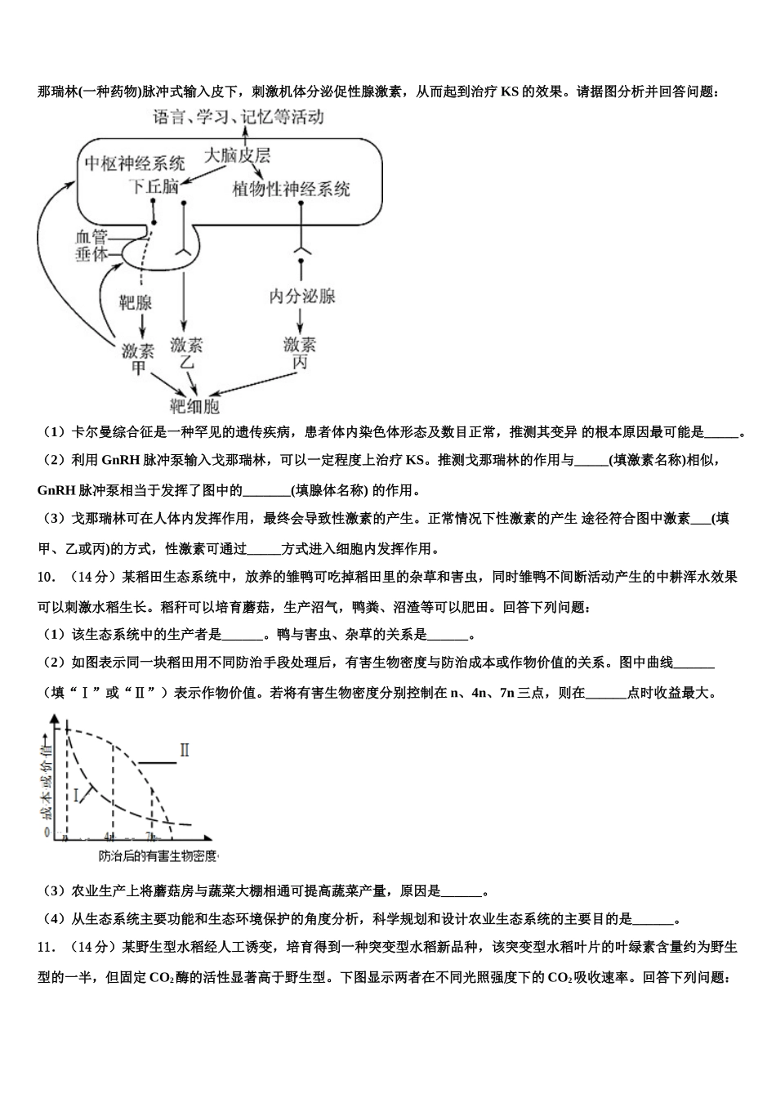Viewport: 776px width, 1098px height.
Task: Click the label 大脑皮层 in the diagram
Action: tap(237, 155)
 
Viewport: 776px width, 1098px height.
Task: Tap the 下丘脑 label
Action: tap(153, 186)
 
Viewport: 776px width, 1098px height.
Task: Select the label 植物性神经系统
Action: tap(291, 189)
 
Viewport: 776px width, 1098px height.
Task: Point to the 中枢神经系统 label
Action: tap(135, 163)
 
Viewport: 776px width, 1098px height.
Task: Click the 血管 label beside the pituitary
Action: tap(91, 237)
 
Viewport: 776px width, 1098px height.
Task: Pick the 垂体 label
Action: tap(91, 254)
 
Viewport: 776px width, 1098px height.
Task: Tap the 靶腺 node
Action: tap(136, 303)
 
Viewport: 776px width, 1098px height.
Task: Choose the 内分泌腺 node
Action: tap(302, 296)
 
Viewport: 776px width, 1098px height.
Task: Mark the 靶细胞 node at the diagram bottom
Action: tap(194, 406)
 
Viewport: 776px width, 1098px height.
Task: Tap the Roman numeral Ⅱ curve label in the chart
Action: tap(185, 749)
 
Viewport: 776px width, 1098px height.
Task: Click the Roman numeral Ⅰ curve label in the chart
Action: tap(78, 793)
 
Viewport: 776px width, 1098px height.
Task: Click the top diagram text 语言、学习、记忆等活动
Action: tap(239, 117)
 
